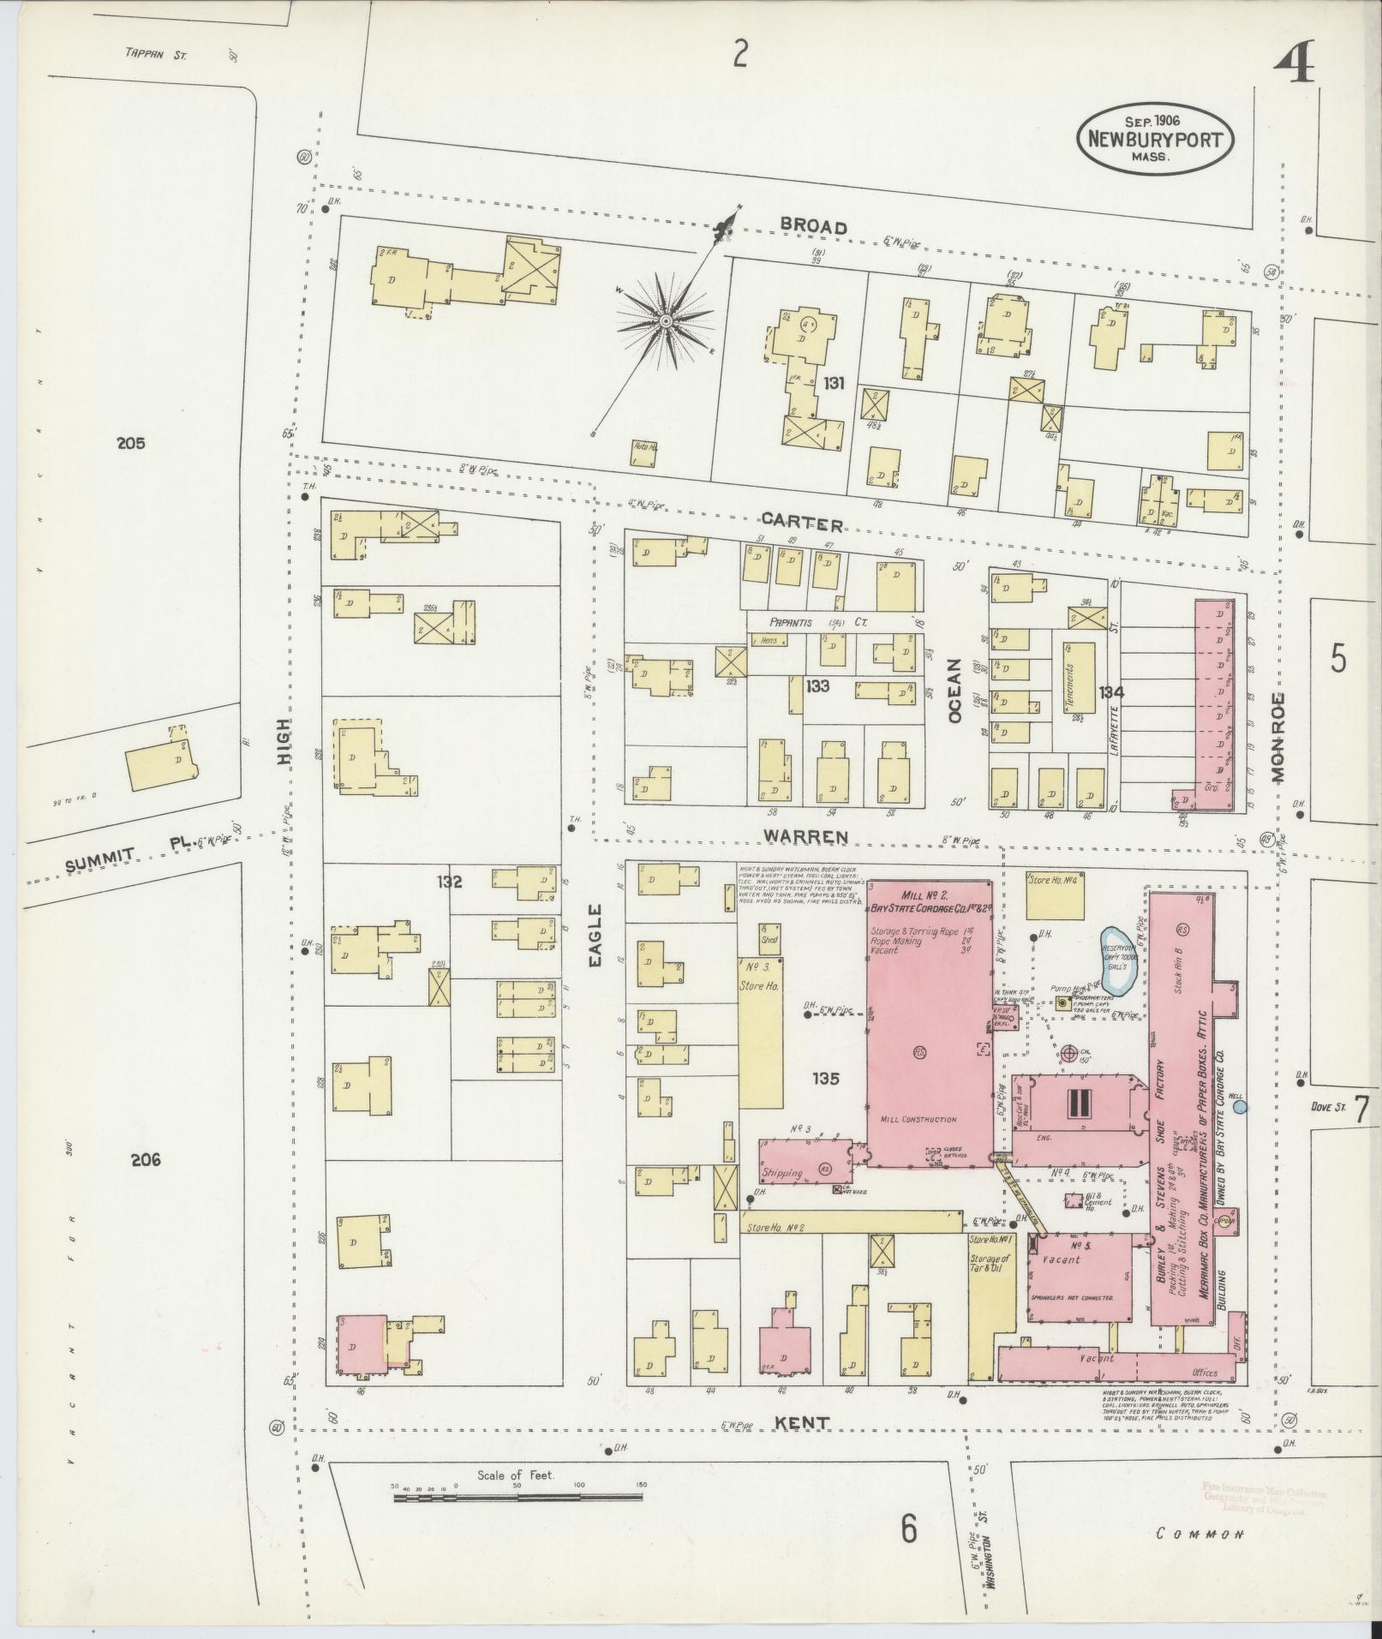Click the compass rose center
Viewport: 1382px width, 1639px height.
[665, 320]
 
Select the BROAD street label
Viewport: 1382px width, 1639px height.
[814, 227]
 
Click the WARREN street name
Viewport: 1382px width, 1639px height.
[806, 836]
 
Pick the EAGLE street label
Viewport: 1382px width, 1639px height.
[596, 936]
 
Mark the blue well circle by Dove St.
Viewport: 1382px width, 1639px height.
[1240, 1107]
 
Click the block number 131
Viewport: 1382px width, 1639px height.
[833, 384]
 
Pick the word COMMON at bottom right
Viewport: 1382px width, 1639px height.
[1199, 1534]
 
